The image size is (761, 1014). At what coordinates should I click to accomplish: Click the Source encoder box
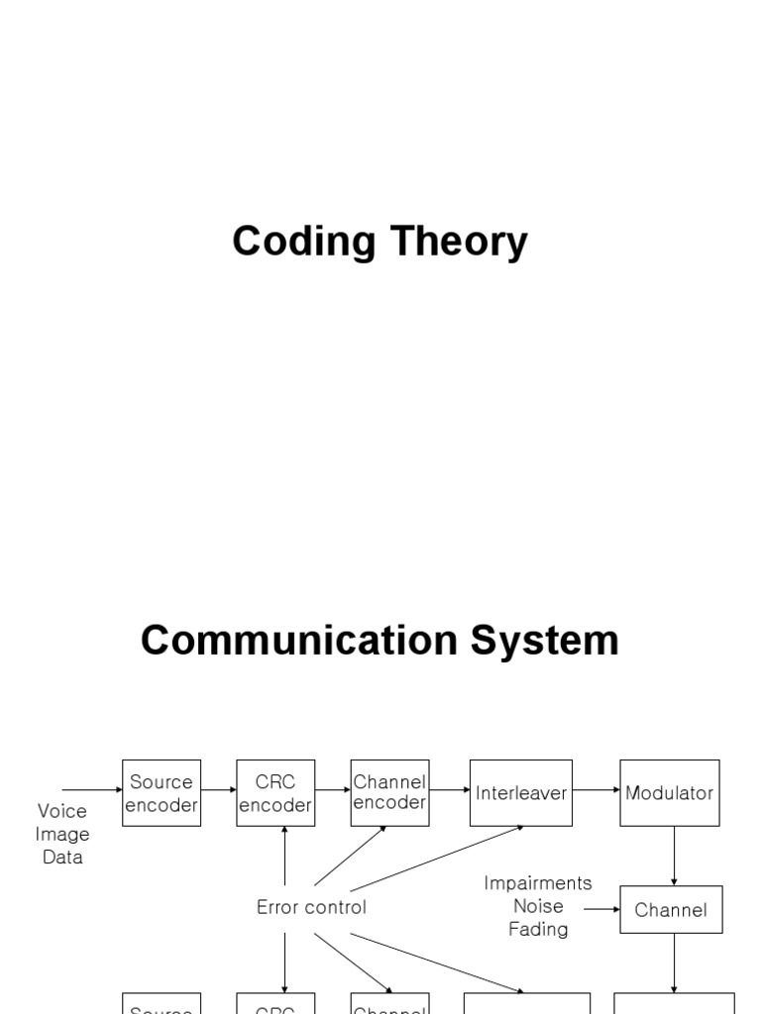162,793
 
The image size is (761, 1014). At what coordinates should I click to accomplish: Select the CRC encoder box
275,793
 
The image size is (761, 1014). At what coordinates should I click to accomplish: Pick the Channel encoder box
389,793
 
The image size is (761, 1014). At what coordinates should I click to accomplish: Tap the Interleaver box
521,793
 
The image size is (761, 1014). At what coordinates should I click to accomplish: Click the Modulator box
670,793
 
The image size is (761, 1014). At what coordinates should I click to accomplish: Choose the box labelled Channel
671,910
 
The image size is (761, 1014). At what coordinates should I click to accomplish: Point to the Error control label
311,907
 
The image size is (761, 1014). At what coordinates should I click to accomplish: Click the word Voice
62,812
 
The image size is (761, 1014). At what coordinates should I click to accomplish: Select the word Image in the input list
62,835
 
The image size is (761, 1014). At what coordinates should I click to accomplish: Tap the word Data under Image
62,858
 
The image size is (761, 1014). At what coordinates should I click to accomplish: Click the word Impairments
538,882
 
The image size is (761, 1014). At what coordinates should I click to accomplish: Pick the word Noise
538,906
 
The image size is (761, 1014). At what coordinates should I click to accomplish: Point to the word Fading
538,929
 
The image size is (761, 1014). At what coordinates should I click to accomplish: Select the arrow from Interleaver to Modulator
597,790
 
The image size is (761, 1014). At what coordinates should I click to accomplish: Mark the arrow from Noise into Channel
601,908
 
